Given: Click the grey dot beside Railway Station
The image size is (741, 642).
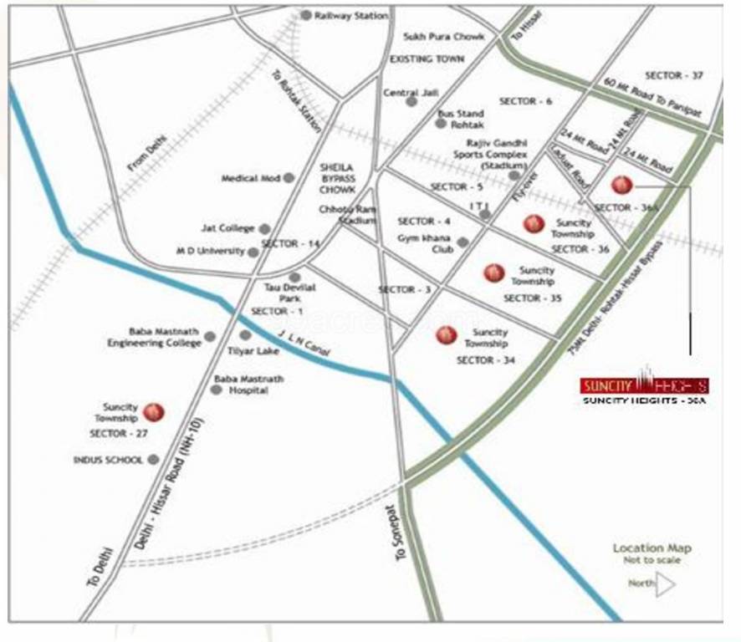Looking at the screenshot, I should (x=306, y=15).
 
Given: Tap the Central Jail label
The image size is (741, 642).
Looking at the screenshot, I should (x=401, y=93).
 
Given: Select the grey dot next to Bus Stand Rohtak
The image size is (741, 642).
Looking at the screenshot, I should (x=441, y=123).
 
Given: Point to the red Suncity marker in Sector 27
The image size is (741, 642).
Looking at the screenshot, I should (x=154, y=411).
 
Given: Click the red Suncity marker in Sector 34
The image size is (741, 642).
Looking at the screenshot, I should (x=446, y=335).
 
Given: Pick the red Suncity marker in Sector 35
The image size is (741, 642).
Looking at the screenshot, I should (x=494, y=273).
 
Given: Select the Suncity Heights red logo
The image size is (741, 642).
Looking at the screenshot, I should (x=644, y=385).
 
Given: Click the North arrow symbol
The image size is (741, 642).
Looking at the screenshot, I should (x=665, y=584).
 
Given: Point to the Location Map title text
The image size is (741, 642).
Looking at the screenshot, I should (x=652, y=548).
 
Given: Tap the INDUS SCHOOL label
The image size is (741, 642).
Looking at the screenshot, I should (x=108, y=460).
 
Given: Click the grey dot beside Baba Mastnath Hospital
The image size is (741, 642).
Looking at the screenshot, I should (x=217, y=390).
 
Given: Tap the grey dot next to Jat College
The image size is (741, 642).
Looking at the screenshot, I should (x=264, y=228).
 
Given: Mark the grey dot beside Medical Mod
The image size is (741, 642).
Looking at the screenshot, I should (x=289, y=178).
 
